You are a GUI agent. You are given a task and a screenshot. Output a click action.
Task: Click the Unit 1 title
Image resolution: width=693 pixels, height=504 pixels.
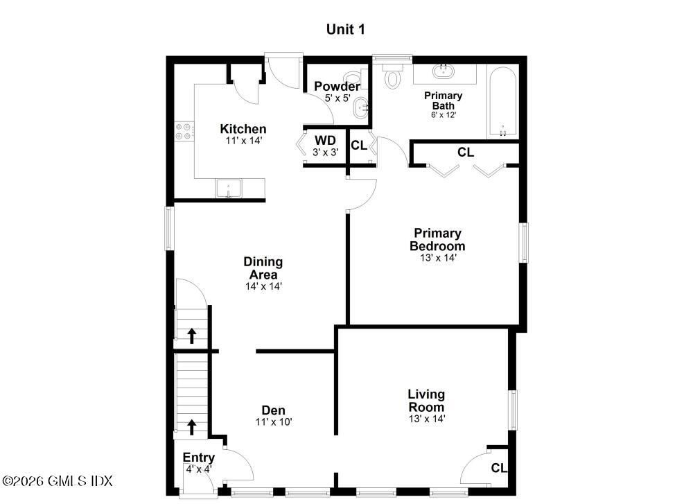click(345, 29)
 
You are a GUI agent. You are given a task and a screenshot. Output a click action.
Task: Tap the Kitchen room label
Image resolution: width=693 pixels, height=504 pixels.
click(243, 129)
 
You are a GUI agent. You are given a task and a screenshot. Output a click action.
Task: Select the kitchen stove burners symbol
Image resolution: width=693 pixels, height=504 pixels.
click(184, 131)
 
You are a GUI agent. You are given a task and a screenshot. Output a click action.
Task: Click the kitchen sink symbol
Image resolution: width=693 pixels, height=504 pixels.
click(228, 188)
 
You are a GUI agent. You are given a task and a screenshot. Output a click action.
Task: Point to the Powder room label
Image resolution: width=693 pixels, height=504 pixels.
click(337, 87)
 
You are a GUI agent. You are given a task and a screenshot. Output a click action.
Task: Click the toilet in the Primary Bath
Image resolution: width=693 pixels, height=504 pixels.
click(393, 77)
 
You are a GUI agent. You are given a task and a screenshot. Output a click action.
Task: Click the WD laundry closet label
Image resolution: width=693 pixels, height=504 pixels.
click(325, 139)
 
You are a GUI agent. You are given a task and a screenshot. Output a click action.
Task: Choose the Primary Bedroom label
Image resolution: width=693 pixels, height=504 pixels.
click(437, 240)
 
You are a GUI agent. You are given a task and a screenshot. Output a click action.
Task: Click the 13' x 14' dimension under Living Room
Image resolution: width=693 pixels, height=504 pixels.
click(426, 419)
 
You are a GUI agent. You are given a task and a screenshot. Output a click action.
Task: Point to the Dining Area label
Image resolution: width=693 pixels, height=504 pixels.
click(263, 268)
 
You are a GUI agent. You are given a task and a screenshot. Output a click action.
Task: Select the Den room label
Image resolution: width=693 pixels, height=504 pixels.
click(273, 410)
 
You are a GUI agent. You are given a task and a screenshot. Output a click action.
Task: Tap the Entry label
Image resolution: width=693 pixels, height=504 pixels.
click(199, 458)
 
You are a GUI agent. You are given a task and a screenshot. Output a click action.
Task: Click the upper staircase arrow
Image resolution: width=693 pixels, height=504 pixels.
click(192, 336)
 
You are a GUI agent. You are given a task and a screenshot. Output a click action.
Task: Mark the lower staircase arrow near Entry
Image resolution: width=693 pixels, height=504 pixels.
click(192, 426)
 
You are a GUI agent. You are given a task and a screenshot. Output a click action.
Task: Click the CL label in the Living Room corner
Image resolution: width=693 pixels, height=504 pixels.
click(499, 468)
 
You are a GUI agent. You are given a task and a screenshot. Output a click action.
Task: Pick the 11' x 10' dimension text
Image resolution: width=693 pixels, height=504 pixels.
click(273, 422)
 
